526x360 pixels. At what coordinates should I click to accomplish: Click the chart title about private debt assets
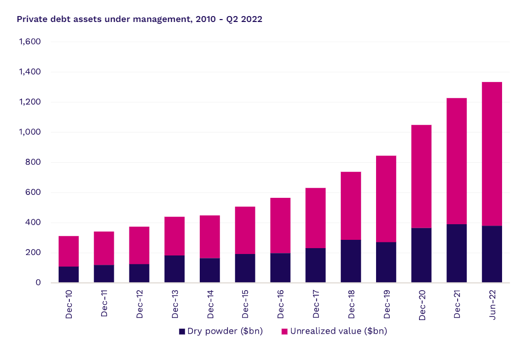pos(139,20)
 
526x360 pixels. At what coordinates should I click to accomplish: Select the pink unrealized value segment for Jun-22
pos(492,154)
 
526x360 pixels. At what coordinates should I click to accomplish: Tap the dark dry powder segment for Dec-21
pos(457,253)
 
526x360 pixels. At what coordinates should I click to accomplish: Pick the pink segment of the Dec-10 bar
pos(68,251)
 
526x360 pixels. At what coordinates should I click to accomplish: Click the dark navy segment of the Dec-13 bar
pos(174,269)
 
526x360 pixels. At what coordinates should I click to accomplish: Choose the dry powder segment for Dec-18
pos(351,261)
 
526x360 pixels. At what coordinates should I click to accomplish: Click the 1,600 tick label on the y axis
pos(29,42)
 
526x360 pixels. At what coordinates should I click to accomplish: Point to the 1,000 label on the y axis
pos(29,132)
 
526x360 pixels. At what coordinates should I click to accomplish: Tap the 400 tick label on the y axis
pos(32,222)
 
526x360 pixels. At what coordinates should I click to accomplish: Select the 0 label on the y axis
pos(37,283)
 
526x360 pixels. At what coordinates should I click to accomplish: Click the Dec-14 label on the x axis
pos(210,305)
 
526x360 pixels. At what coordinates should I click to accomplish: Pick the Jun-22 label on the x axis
pos(492,305)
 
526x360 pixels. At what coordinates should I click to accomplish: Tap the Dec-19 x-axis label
pos(386,305)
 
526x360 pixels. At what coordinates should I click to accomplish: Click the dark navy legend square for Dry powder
pos(182,332)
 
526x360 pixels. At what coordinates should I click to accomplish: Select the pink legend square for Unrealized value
pos(285,332)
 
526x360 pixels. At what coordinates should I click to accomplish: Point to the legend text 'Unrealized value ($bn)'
pos(338,331)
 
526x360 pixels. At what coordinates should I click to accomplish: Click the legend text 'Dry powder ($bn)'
pos(225,331)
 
